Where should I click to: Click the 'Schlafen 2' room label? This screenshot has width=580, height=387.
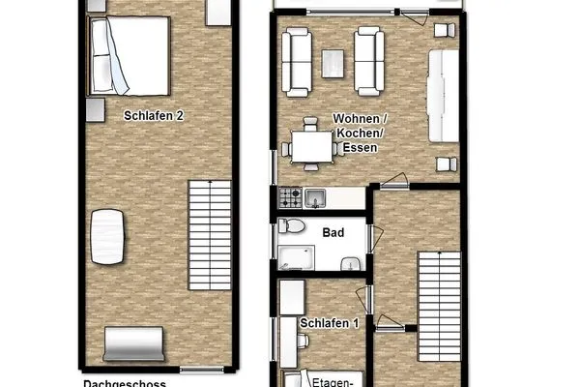[153, 115]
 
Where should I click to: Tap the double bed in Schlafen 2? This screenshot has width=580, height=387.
[129, 56]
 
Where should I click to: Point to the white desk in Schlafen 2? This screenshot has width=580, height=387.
[107, 237]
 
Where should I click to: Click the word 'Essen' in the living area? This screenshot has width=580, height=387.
[358, 149]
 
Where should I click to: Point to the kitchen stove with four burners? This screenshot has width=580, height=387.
[290, 198]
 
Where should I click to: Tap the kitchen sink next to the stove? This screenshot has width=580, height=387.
[315, 198]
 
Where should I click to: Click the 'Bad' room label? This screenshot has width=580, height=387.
[333, 233]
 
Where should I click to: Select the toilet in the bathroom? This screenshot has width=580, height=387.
[293, 228]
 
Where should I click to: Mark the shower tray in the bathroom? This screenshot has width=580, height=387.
[297, 256]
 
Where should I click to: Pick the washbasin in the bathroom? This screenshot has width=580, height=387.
[351, 263]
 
